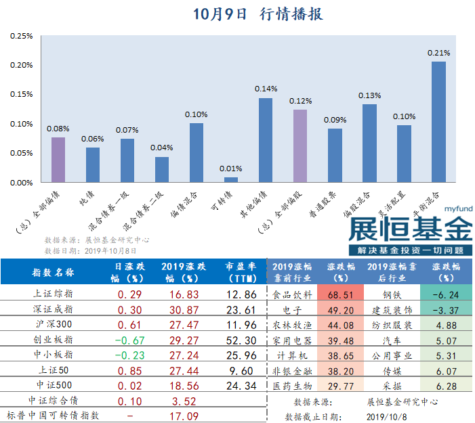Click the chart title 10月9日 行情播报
pos(257,14)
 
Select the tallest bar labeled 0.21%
pos(438,122)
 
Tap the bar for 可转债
pos(231,179)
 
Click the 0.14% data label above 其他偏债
pos(266,89)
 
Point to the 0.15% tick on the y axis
pos(22,94)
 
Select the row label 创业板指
pos(54,340)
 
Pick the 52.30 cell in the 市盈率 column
pos(241,340)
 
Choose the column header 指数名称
pos(54,273)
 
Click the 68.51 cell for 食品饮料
pos(341,295)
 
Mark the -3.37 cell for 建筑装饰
pos(445,311)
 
